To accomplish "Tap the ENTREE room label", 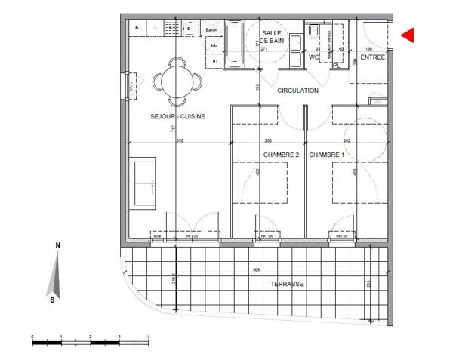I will [x=372, y=57].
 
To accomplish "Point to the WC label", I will [x=316, y=57].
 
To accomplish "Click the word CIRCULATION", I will [x=297, y=91].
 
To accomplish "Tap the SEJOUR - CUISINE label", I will [x=177, y=116].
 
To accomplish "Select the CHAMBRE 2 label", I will [x=282, y=155].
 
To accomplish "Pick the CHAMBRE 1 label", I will [x=327, y=155].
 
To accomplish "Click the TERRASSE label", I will [x=287, y=284].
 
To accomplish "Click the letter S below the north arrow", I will [x=52, y=300].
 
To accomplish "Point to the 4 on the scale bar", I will [x=148, y=336].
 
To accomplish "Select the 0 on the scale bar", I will [x=32, y=336].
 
